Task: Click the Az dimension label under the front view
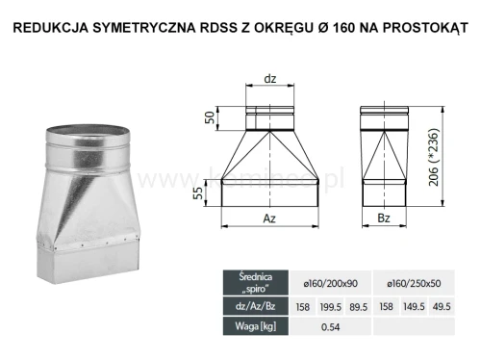269,219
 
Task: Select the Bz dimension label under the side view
383,219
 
